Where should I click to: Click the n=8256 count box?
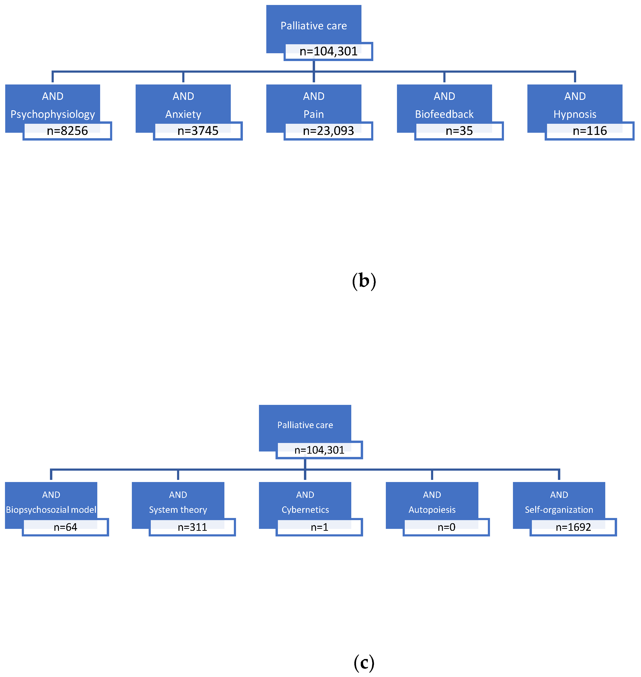pyautogui.click(x=67, y=131)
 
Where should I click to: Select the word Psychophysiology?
pyautogui.click(x=53, y=114)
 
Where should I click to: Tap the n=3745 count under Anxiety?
pyautogui.click(x=198, y=131)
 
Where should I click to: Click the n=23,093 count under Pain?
pyautogui.click(x=328, y=131)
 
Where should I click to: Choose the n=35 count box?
pyautogui.click(x=459, y=131)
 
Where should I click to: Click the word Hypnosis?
pyautogui.click(x=575, y=114)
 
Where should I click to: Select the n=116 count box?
pyautogui.click(x=589, y=131)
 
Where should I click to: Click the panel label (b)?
pyautogui.click(x=364, y=281)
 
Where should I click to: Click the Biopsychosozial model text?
pyautogui.click(x=51, y=510)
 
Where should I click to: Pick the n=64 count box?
pyautogui.click(x=65, y=527)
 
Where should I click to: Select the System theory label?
pyautogui.click(x=178, y=510)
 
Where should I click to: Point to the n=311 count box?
pyautogui.click(x=192, y=527)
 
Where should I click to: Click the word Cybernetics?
pyautogui.click(x=305, y=510)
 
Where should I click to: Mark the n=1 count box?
pyautogui.click(x=319, y=527)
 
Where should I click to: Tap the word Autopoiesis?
pyautogui.click(x=432, y=510)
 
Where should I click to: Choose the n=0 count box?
pyautogui.click(x=446, y=527)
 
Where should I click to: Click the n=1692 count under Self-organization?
pyautogui.click(x=573, y=527)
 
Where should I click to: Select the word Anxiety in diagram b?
pyautogui.click(x=183, y=114)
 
